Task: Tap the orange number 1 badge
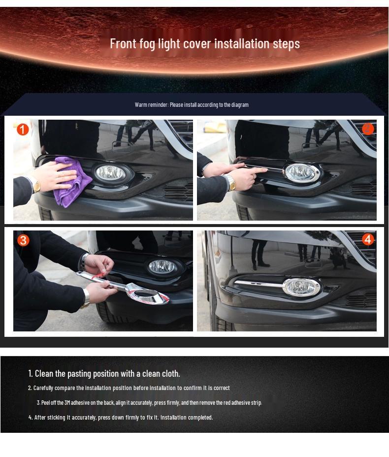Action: tap(23, 130)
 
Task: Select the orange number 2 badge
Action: tap(368, 129)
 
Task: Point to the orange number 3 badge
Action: tap(23, 240)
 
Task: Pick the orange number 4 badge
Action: tap(368, 239)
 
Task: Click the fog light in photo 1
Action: tap(111, 173)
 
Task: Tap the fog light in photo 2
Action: tap(301, 172)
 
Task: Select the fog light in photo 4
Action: tap(301, 287)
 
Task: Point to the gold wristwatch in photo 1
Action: tap(36, 185)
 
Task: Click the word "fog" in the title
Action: tap(147, 44)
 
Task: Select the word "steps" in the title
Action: tap(286, 44)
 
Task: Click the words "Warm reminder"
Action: tap(152, 104)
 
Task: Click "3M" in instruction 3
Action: tap(67, 403)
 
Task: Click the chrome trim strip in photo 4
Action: tap(259, 284)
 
